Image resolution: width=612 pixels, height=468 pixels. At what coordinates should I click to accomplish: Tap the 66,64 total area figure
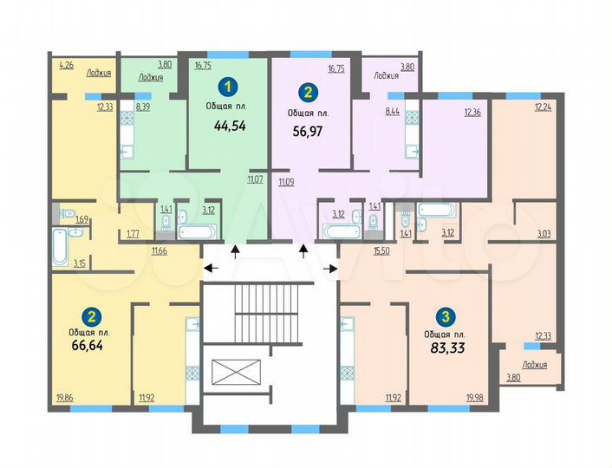(x=87, y=345)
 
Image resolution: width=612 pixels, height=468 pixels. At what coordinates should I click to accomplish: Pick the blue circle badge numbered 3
(x=445, y=316)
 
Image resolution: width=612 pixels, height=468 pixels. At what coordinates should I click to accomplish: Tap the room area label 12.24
(x=543, y=107)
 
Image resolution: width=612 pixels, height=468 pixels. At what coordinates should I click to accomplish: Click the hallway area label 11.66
(x=159, y=250)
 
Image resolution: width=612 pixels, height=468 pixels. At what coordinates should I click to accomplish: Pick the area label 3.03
(x=544, y=234)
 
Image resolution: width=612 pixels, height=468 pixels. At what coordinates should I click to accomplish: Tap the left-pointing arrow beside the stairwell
(x=209, y=269)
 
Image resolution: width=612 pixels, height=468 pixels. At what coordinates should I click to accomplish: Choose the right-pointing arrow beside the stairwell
(x=330, y=269)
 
